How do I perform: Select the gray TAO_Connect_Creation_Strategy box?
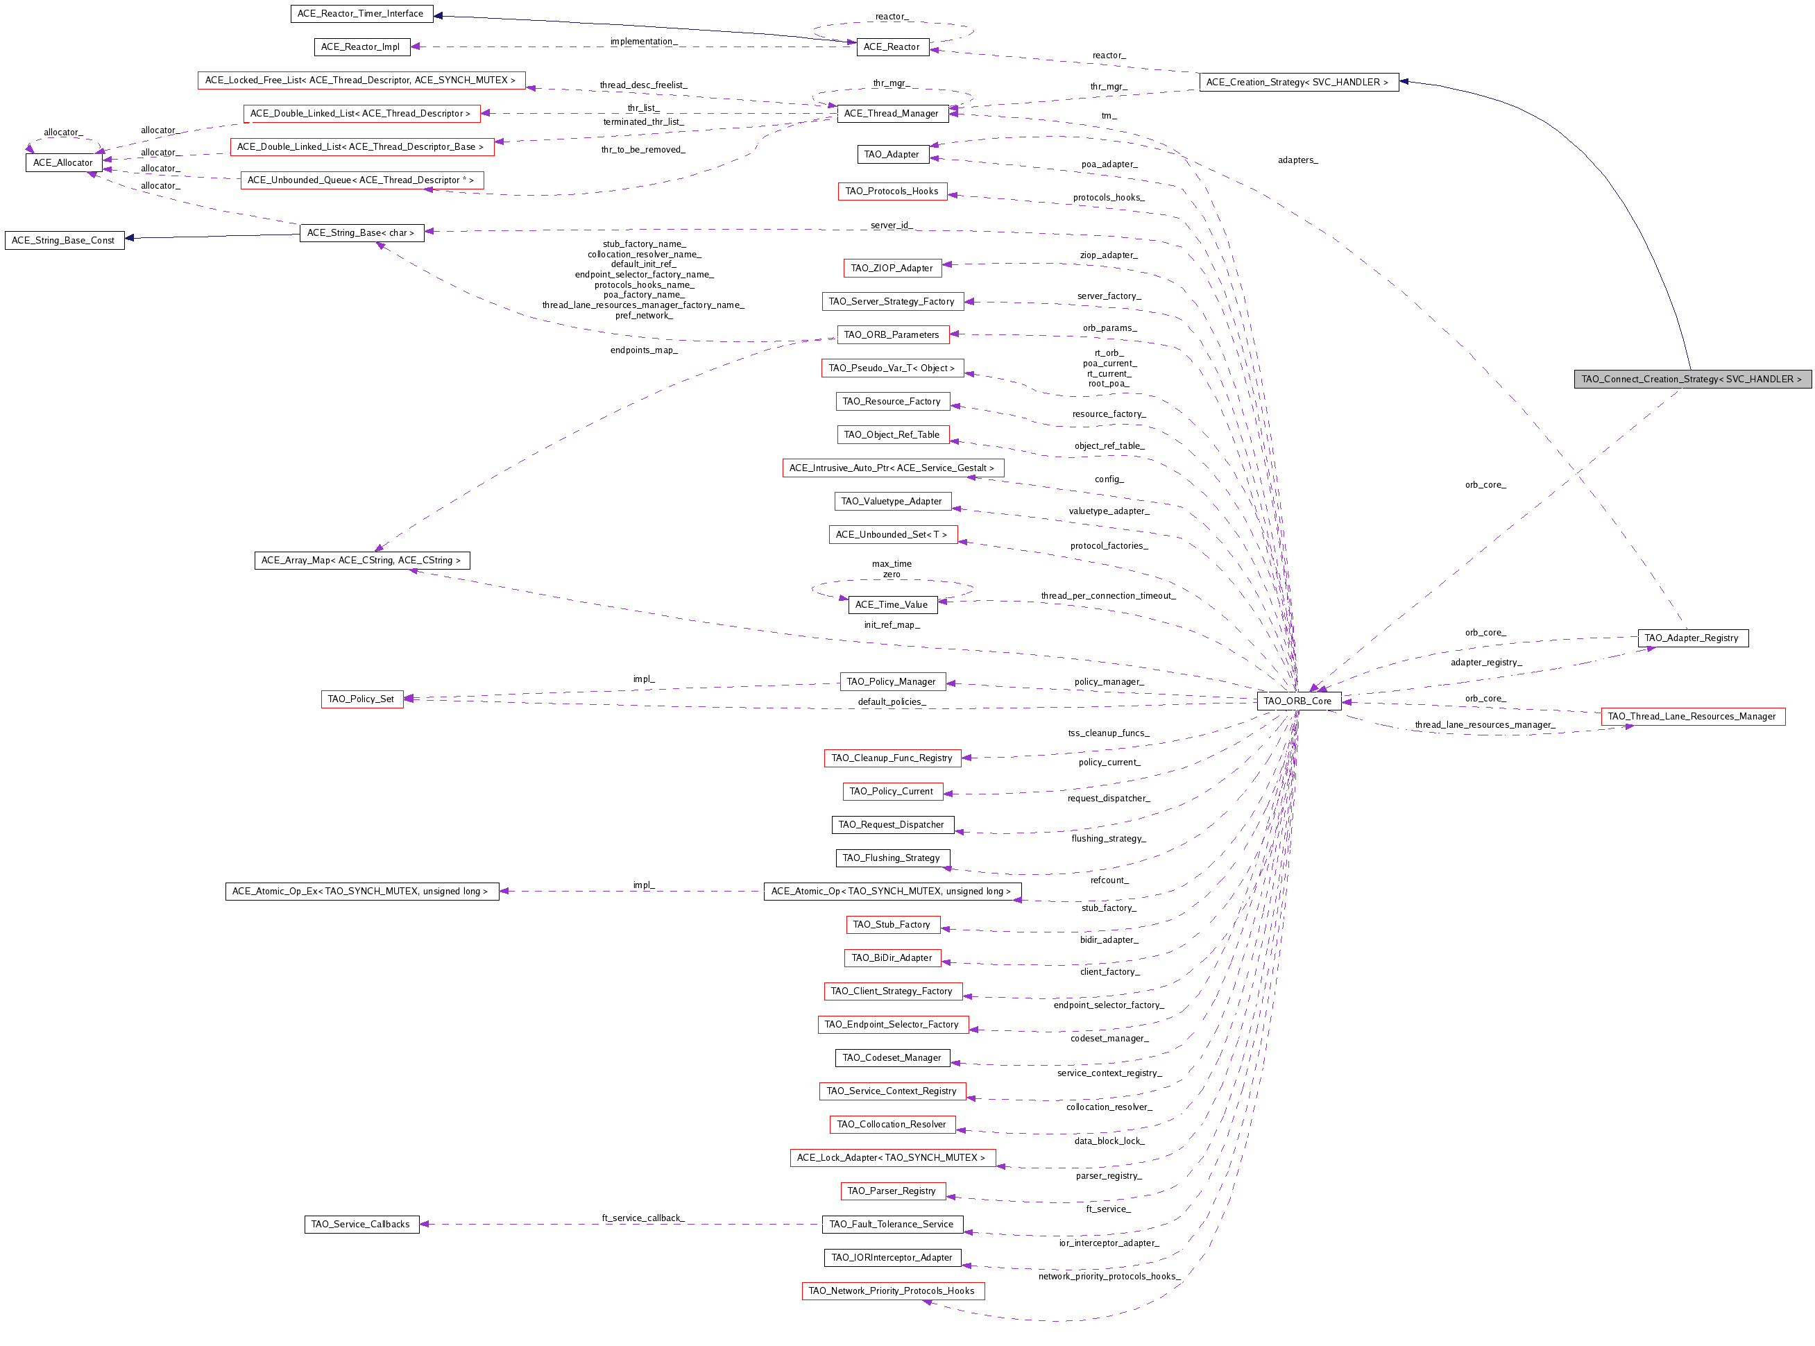pos(1693,379)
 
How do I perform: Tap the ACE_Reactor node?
pos(892,46)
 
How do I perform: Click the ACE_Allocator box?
pos(64,163)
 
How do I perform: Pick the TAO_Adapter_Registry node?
pos(1693,638)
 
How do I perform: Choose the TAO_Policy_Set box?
pos(361,699)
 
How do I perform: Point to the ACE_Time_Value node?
pos(892,604)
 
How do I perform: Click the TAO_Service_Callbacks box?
pos(361,1224)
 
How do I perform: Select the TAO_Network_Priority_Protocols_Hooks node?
pos(893,1290)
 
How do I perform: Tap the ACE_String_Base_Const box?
pos(65,240)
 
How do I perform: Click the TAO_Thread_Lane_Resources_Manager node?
pos(1693,716)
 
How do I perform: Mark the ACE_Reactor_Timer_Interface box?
pos(361,14)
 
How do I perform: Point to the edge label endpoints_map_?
pos(644,350)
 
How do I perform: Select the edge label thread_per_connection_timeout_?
pos(1108,595)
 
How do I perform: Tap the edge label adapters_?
pos(1297,160)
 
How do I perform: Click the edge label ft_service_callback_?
pos(642,1218)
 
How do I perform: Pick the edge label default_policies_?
pos(892,701)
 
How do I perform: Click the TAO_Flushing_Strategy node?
pos(893,858)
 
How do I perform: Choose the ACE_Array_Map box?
pos(361,561)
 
